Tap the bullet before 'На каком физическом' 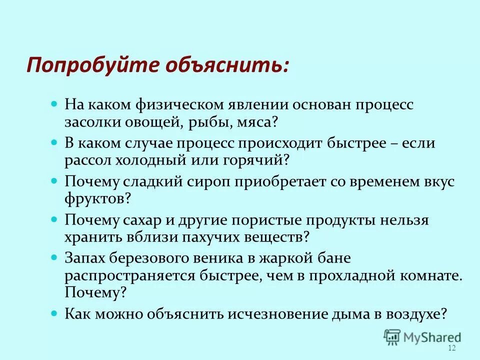click(x=55, y=105)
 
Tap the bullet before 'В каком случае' click(x=55, y=143)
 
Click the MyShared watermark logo click(x=422, y=336)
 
